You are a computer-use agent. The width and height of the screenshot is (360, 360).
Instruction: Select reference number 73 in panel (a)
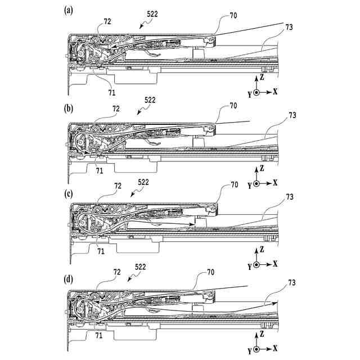click(289, 26)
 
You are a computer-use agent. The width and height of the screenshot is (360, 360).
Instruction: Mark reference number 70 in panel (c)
click(234, 184)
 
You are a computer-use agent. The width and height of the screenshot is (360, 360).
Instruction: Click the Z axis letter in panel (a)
click(262, 78)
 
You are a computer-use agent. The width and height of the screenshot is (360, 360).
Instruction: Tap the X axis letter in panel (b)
click(275, 183)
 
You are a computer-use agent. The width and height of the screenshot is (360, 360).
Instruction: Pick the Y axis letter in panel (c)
click(249, 266)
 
